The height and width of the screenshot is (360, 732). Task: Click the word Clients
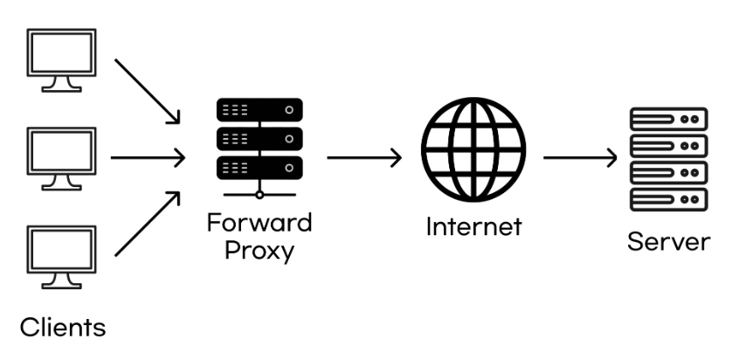[62, 329]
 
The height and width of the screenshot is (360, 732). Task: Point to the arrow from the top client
[148, 91]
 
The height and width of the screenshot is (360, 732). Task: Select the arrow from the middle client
[148, 158]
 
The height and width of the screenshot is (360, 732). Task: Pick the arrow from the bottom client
[148, 225]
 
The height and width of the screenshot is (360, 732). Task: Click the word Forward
[259, 222]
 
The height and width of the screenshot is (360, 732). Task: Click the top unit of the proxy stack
[259, 111]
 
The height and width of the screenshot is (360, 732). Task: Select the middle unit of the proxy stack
[259, 138]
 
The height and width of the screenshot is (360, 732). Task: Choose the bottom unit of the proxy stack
[259, 166]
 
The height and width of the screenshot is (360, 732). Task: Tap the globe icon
[474, 150]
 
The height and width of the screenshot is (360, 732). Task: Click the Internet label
[473, 226]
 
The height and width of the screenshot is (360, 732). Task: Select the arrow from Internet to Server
[580, 158]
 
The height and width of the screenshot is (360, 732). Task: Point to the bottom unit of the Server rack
[669, 200]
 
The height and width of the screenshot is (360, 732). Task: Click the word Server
[669, 240]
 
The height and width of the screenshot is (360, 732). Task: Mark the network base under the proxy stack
[259, 194]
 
